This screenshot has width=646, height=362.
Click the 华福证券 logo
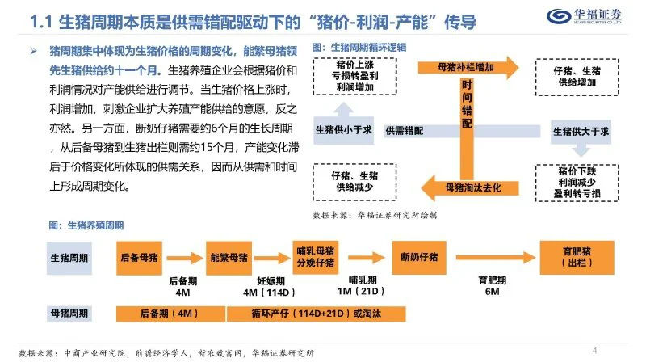(x=584, y=16)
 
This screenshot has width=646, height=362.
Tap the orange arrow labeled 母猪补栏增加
(x=468, y=67)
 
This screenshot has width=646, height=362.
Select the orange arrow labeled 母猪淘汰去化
(x=470, y=188)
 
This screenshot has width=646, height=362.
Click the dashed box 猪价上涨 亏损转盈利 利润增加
(x=354, y=76)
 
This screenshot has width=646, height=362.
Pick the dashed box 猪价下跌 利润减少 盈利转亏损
(x=577, y=183)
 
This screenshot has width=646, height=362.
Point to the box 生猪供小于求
(x=344, y=130)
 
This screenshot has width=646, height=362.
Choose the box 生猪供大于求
(x=581, y=132)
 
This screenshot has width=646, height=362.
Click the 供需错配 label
(x=405, y=131)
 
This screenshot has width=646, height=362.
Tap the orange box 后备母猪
(x=139, y=258)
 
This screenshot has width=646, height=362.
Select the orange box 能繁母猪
(x=229, y=258)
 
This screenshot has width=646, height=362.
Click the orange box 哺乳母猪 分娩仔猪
(x=316, y=257)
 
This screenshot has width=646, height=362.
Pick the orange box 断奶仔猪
(x=419, y=257)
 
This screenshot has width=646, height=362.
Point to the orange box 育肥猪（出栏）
(x=577, y=257)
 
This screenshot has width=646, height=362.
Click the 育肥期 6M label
(x=493, y=286)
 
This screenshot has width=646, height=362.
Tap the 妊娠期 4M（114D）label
(x=270, y=287)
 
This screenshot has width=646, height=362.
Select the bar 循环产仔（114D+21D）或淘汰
(x=316, y=314)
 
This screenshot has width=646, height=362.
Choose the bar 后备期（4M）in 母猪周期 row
(x=170, y=314)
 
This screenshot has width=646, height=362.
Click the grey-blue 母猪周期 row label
(x=69, y=314)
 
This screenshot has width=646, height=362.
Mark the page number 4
(x=594, y=351)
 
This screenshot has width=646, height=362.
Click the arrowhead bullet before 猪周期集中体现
(x=33, y=51)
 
